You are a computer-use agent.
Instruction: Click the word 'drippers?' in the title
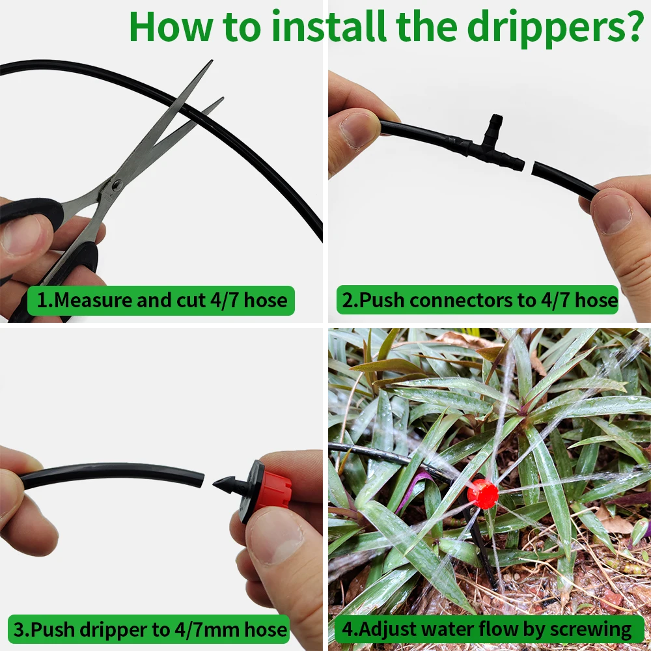coord(555,28)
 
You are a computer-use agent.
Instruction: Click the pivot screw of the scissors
coord(117,185)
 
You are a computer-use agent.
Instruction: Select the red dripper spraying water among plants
coord(482,493)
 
